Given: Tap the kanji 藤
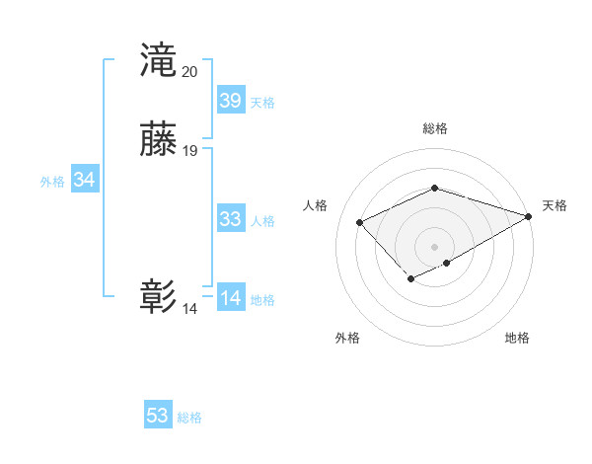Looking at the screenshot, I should [x=159, y=139].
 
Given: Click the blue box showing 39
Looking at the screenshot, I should [x=231, y=101].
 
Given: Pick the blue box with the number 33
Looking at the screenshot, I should [x=231, y=219].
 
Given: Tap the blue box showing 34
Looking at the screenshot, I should [x=85, y=180].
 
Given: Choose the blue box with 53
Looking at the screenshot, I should [x=158, y=416].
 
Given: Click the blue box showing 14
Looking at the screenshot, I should [x=231, y=298].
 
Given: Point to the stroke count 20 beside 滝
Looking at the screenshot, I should [x=189, y=71].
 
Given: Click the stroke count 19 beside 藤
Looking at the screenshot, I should [x=190, y=151].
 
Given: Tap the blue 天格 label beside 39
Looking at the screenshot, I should [x=262, y=103].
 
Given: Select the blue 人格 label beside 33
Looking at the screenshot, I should [x=262, y=221].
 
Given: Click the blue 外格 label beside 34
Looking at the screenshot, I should [x=52, y=182].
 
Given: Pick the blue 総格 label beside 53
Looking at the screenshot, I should [x=189, y=418].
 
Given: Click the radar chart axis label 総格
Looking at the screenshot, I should [x=434, y=128].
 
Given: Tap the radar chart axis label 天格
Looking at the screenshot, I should [x=555, y=205].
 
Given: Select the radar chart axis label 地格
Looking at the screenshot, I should [x=517, y=339].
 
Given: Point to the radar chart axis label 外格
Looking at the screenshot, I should [x=347, y=339].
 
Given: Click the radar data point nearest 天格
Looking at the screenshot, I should [x=530, y=215].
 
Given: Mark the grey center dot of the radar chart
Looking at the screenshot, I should [x=434, y=246].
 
